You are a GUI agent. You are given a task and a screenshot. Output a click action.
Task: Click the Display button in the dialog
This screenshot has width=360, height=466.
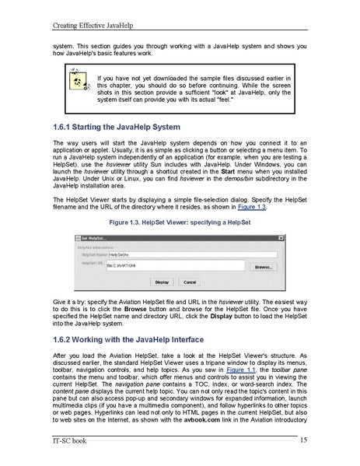(161, 282)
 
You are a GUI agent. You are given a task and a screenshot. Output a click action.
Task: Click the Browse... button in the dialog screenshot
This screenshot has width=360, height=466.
(263, 266)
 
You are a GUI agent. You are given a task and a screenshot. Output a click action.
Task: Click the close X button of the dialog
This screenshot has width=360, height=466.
(284, 237)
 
